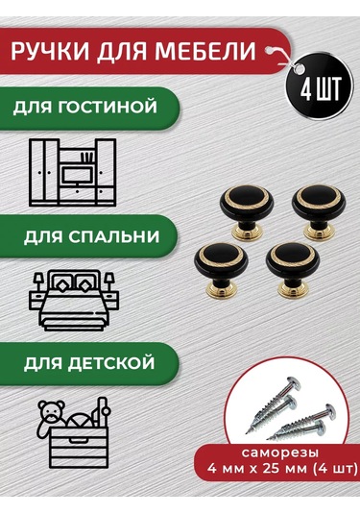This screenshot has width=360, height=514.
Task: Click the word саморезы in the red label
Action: coord(280,453)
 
